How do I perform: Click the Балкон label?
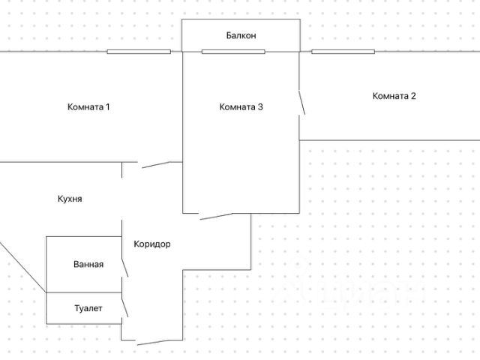pyautogui.click(x=241, y=35)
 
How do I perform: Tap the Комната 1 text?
pyautogui.click(x=88, y=106)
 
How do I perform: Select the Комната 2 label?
pyautogui.click(x=394, y=96)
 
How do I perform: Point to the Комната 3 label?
pyautogui.click(x=241, y=106)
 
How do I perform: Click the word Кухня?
pyautogui.click(x=70, y=199)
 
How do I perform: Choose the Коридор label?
pyautogui.click(x=152, y=244)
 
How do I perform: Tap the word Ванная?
pyautogui.click(x=88, y=264)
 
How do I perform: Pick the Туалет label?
pyautogui.click(x=88, y=308)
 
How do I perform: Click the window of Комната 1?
pyautogui.click(x=138, y=52)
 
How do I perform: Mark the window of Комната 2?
pyautogui.click(x=343, y=52)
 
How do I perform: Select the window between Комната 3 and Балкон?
pyautogui.click(x=233, y=52)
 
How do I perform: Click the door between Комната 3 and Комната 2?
pyautogui.click(x=301, y=103)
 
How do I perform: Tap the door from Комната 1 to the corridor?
pyautogui.click(x=160, y=164)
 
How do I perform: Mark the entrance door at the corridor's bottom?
pyautogui.click(x=154, y=342)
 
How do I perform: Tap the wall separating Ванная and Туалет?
pyautogui.click(x=84, y=292)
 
